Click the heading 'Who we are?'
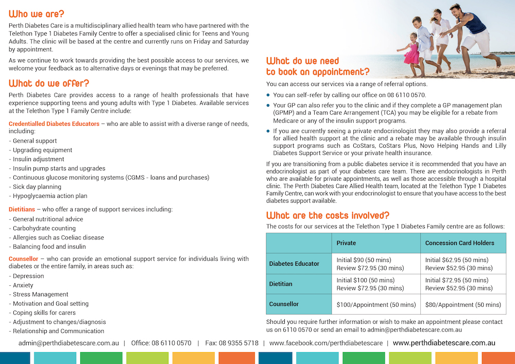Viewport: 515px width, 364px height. click(37, 14)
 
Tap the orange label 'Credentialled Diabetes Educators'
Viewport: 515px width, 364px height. click(54, 124)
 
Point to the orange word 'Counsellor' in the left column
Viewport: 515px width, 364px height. click(24, 258)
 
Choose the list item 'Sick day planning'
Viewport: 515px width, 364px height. click(35, 186)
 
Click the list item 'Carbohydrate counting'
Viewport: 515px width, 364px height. click(42, 228)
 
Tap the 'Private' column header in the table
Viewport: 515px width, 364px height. click(346, 243)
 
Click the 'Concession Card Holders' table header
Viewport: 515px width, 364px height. click(459, 243)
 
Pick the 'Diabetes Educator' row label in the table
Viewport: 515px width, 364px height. click(294, 264)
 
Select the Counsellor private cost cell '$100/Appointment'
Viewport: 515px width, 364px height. click(376, 304)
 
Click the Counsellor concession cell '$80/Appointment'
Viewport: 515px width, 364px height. click(463, 304)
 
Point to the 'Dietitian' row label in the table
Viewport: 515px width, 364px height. click(281, 284)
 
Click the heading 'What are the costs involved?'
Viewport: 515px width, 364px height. click(328, 215)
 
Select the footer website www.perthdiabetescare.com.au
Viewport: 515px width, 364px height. click(444, 343)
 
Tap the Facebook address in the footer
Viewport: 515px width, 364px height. click(325, 343)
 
